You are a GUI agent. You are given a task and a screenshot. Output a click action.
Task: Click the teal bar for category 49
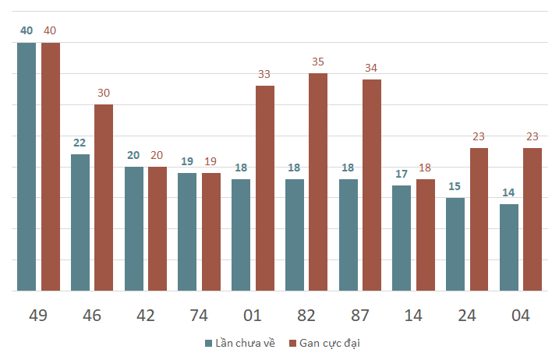coord(27,167)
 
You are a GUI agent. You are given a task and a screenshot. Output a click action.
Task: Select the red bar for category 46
coord(104,197)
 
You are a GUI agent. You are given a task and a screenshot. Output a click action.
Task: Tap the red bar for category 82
coord(318,182)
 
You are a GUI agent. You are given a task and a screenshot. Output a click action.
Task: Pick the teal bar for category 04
coord(509,247)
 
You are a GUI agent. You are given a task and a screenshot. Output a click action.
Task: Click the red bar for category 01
coord(265,189)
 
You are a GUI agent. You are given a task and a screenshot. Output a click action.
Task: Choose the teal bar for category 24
coord(455,244)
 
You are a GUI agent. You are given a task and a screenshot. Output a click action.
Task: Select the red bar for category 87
coord(372,185)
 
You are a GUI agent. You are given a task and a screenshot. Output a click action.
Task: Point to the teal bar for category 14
coord(402,238)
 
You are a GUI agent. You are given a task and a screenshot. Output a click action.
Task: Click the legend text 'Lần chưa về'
coord(245,343)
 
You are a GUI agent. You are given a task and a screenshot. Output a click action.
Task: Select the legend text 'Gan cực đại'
coord(330,343)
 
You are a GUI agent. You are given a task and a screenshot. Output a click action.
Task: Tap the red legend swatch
coord(292,344)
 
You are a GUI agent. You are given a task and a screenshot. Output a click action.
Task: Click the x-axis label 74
coord(199,316)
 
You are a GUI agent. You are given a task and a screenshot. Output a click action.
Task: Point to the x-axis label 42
coord(146,316)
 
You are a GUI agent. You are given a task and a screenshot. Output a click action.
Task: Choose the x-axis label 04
coord(521,316)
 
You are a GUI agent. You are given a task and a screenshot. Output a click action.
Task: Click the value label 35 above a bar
coord(318,62)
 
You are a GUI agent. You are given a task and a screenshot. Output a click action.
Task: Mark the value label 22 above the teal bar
coord(80,143)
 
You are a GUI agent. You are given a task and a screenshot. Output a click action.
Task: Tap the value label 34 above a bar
coord(371,68)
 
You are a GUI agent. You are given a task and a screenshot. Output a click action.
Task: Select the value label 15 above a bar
coord(455,186)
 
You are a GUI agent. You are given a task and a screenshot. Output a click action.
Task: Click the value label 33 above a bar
coord(264,74)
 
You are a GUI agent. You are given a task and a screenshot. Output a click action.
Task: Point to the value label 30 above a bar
coord(104,93)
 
